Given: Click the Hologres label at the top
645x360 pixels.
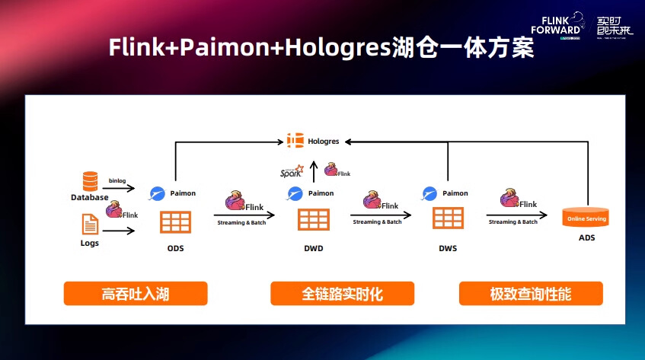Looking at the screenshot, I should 324,141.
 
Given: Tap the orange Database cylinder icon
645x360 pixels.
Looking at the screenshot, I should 91,181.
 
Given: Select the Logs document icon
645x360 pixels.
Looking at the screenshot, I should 90,224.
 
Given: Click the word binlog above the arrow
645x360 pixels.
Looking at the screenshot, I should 117,180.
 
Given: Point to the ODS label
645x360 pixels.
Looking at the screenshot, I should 175,248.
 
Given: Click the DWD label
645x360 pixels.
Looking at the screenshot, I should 313,248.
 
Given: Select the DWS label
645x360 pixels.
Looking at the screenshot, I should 448,248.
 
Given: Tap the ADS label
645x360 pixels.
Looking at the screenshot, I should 586,238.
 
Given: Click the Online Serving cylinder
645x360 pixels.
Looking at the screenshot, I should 585,218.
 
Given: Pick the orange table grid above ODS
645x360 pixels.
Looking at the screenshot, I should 175,221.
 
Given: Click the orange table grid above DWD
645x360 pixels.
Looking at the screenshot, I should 313,219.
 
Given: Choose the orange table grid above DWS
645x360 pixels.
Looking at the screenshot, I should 449,218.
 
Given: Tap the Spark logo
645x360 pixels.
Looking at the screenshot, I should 291,171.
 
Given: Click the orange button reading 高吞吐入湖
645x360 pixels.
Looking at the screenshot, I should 136,294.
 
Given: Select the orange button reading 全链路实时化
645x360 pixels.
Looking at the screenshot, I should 343,294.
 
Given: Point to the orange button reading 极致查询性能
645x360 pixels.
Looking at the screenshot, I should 531,294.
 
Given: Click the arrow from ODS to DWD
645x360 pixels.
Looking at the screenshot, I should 241,215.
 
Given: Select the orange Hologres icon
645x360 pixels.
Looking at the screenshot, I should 295,141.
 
